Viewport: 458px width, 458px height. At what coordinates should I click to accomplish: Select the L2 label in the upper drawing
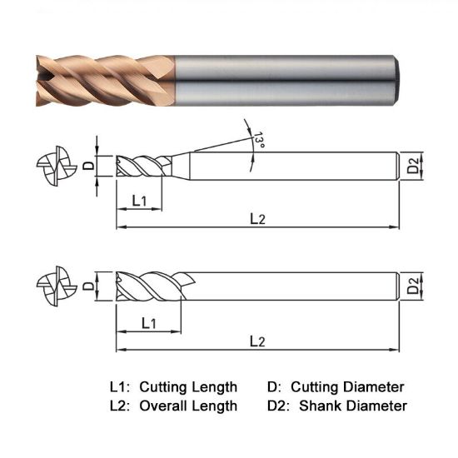click(257, 218)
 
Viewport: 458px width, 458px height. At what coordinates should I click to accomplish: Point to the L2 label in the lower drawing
click(257, 341)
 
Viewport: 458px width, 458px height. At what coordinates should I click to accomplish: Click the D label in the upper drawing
click(89, 165)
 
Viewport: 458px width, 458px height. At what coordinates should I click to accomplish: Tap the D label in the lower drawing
click(89, 286)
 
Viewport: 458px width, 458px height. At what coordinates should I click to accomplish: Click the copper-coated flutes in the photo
click(104, 80)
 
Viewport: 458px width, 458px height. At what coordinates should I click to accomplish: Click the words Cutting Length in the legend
click(188, 387)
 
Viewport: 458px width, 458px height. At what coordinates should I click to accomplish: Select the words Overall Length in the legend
click(188, 406)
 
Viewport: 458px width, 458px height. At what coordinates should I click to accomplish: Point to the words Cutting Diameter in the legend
click(354, 387)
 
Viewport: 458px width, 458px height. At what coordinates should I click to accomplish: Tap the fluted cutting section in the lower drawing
click(150, 287)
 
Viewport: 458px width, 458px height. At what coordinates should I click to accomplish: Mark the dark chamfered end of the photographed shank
click(401, 80)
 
